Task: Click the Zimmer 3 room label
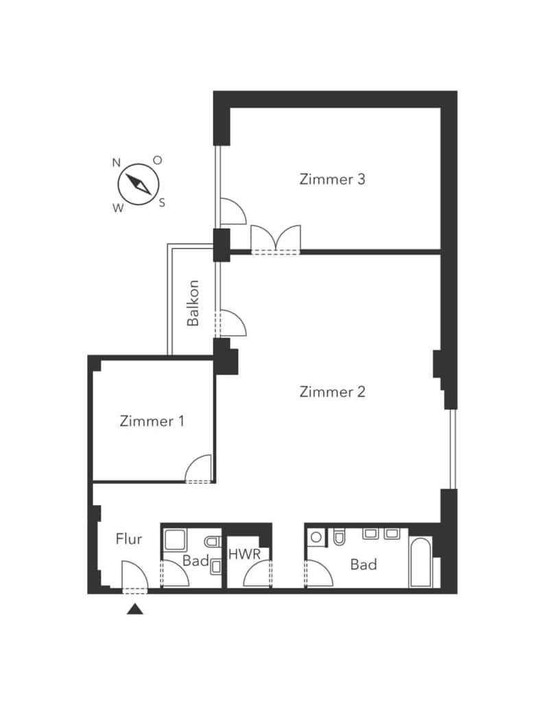pyautogui.click(x=332, y=179)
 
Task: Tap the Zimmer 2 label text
pyautogui.click(x=332, y=392)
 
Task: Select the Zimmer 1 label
pyautogui.click(x=152, y=421)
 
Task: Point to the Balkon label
pyautogui.click(x=193, y=303)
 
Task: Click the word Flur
pyautogui.click(x=128, y=538)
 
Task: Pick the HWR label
pyautogui.click(x=245, y=554)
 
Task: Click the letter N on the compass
pyautogui.click(x=117, y=162)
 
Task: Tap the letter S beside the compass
pyautogui.click(x=162, y=203)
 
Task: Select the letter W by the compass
pyautogui.click(x=118, y=208)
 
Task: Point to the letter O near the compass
pyautogui.click(x=157, y=160)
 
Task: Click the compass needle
pyautogui.click(x=139, y=184)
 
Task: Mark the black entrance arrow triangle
pyautogui.click(x=135, y=610)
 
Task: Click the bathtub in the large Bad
pyautogui.click(x=420, y=562)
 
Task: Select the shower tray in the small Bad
pyautogui.click(x=175, y=540)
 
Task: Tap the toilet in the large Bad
pyautogui.click(x=339, y=537)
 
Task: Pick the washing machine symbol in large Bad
pyautogui.click(x=316, y=537)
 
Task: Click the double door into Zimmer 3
pyautogui.click(x=276, y=240)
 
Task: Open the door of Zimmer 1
pyautogui.click(x=198, y=469)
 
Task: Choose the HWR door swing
pyautogui.click(x=257, y=574)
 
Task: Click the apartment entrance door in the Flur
pyautogui.click(x=134, y=577)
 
